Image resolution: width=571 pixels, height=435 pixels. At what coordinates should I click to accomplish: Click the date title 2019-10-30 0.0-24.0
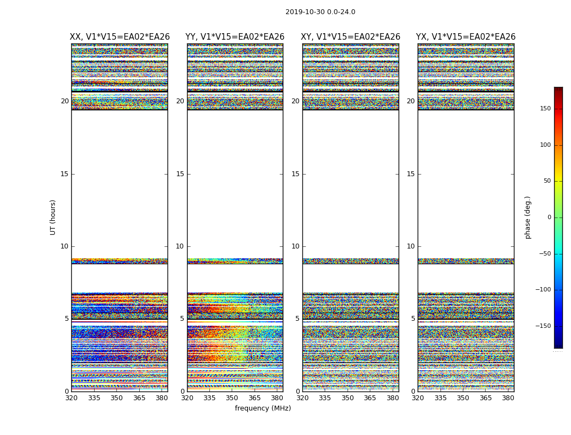pos(320,12)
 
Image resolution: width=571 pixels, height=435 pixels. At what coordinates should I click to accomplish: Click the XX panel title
pos(120,37)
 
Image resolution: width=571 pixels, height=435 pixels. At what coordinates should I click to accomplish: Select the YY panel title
pos(235,37)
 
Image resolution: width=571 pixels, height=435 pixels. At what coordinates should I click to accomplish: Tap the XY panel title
pos(351,37)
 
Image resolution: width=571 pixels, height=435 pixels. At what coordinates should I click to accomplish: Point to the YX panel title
pos(466,37)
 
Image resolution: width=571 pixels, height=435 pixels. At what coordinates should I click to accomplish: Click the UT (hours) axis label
pos(53,217)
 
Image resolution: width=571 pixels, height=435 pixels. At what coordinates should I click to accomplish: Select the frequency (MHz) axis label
pos(263,408)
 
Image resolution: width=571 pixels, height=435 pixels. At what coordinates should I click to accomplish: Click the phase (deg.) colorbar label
pos(527,217)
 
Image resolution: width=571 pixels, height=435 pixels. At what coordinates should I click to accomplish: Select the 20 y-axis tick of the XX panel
pos(65,101)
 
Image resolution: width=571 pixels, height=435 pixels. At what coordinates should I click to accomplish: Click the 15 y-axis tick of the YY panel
pos(180,174)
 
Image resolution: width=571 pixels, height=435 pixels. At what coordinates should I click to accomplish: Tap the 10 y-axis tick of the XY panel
pos(295,246)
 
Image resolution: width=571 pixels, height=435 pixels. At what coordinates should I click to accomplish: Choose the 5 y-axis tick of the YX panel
pos(413,319)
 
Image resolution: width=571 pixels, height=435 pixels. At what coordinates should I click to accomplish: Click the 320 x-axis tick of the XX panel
pos(71,398)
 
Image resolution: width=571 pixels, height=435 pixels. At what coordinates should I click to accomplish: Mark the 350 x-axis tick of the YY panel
pos(232,398)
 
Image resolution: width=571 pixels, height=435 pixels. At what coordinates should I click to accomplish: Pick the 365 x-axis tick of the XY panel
pos(370,398)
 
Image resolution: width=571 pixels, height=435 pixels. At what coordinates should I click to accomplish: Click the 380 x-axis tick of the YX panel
pos(508,398)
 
